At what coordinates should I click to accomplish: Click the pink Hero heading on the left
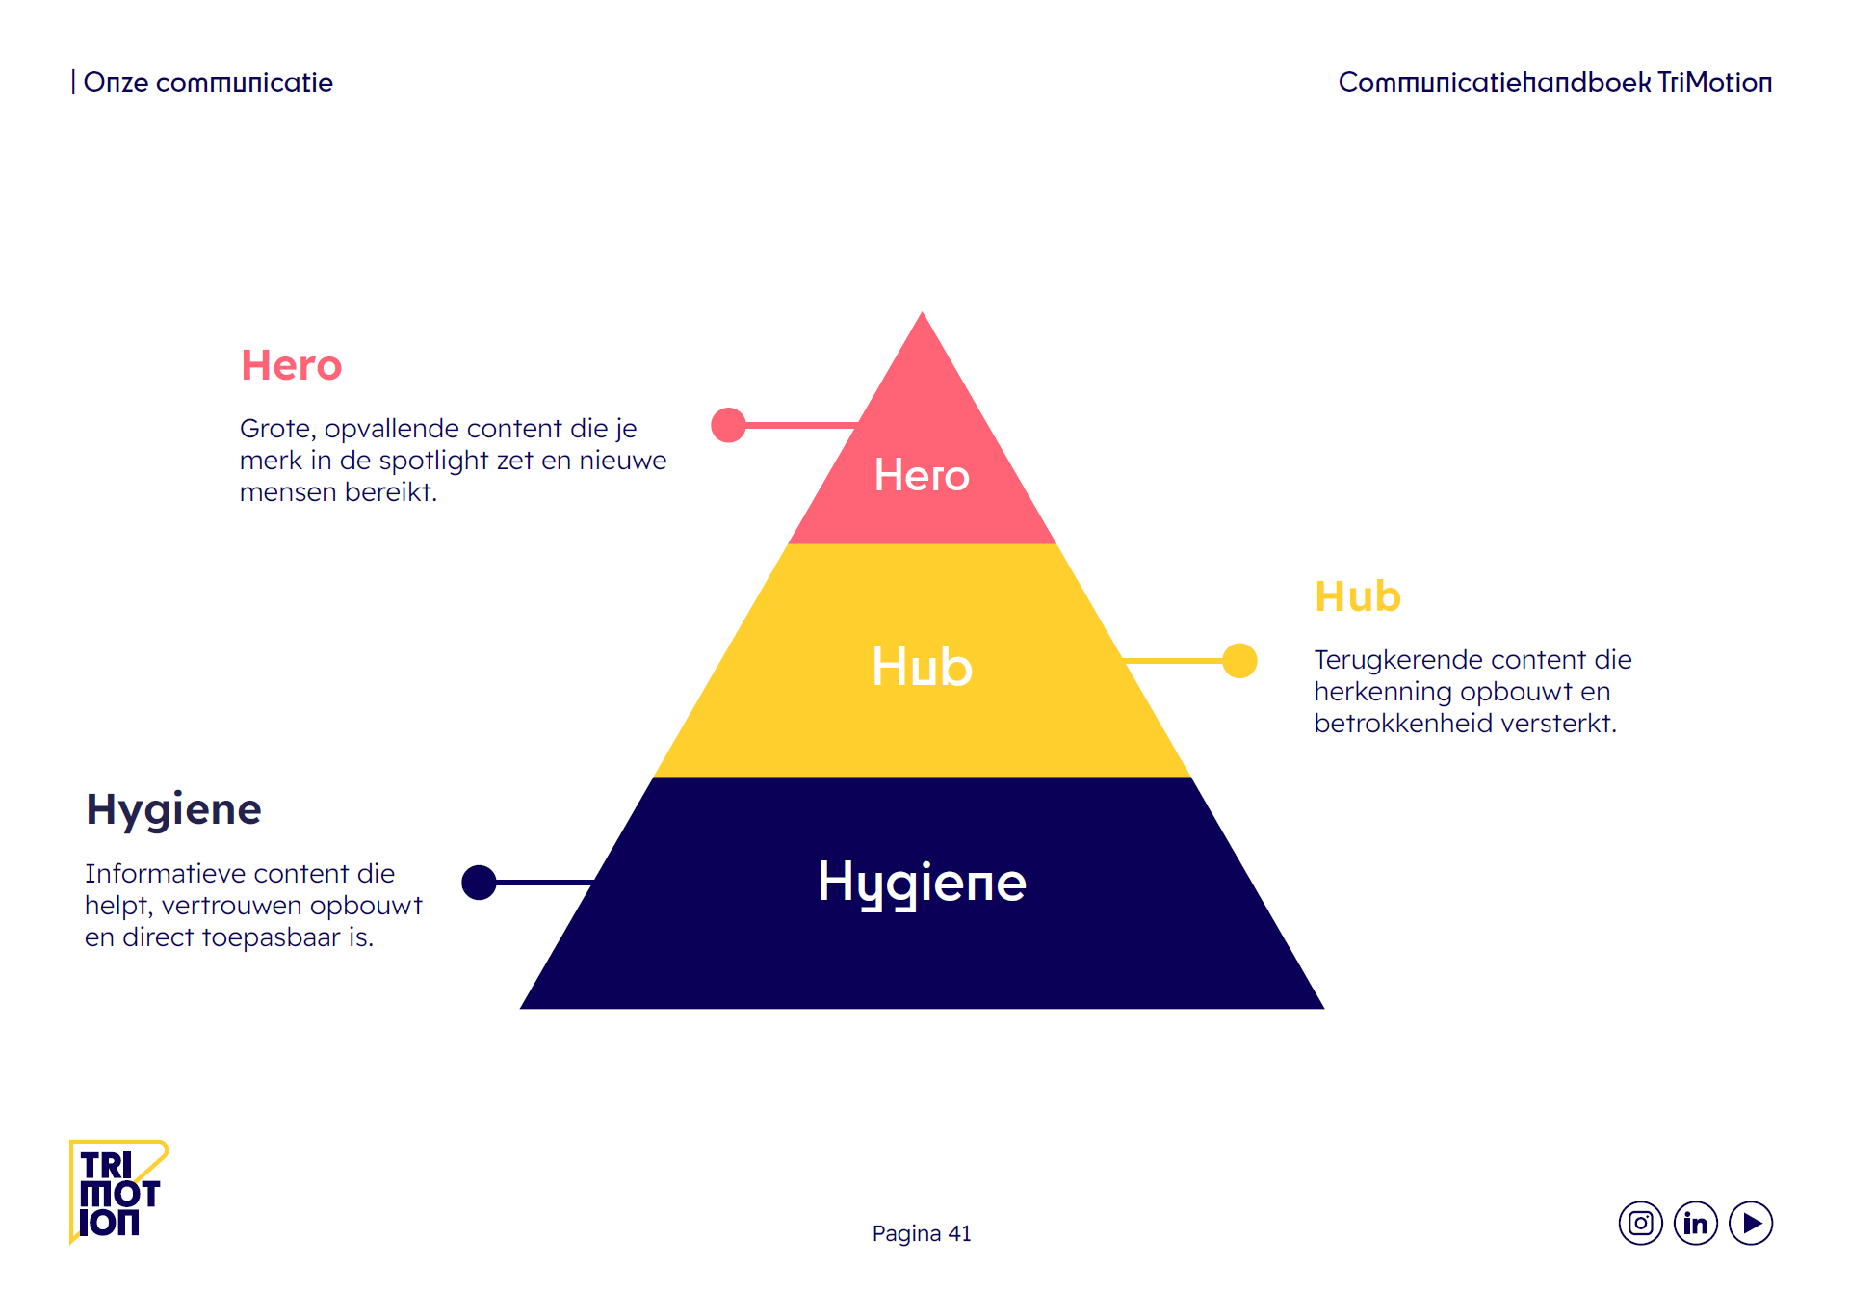tap(291, 366)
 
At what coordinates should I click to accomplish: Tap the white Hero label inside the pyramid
tap(922, 475)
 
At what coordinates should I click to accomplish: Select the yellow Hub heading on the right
tap(1357, 597)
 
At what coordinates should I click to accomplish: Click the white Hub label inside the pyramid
tap(922, 667)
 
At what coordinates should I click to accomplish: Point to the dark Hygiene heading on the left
tap(173, 809)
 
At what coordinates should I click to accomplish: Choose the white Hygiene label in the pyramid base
tap(922, 883)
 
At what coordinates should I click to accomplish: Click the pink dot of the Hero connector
tap(728, 425)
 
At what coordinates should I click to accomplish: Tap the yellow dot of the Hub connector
tap(1239, 661)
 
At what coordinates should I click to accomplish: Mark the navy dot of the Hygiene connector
tap(479, 882)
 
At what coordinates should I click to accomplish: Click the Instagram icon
tap(1640, 1224)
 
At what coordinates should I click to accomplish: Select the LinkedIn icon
tap(1695, 1224)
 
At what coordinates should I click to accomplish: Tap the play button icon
tap(1751, 1224)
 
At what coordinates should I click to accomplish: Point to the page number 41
tap(959, 1233)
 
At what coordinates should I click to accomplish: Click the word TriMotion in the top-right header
tap(1714, 83)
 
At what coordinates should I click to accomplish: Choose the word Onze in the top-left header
tap(116, 83)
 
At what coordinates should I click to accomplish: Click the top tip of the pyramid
tap(922, 316)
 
